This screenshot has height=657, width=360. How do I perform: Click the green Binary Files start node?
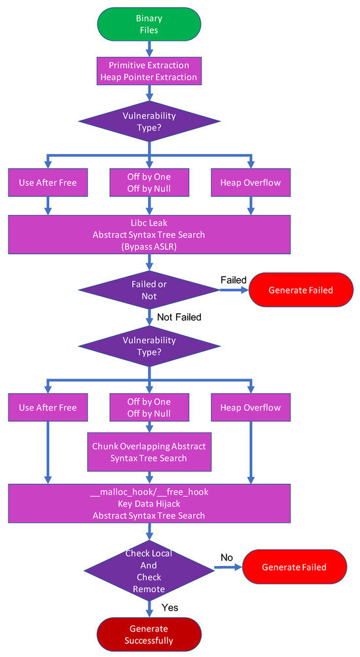(x=150, y=24)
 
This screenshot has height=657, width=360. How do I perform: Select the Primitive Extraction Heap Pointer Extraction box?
(x=150, y=71)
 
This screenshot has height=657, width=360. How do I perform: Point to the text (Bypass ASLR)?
(x=150, y=248)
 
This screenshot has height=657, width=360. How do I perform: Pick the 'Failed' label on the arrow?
(x=233, y=280)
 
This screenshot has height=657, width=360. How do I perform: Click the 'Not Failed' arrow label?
(x=179, y=317)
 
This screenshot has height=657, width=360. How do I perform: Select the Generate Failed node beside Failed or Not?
(x=301, y=290)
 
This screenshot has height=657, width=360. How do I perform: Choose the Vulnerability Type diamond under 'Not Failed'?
(x=150, y=347)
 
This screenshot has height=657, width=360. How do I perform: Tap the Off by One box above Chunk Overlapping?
(x=149, y=407)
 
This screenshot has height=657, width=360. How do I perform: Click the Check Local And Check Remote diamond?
(x=150, y=567)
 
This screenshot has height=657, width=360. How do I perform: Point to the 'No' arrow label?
(x=226, y=557)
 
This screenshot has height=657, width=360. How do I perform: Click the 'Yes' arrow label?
(x=170, y=607)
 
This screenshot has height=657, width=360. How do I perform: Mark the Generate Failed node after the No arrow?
(x=294, y=567)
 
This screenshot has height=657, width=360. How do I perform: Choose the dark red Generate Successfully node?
(x=150, y=634)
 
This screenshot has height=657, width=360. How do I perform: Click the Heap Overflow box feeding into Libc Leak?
(x=251, y=183)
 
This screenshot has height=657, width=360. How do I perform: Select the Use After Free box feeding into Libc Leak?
(x=48, y=183)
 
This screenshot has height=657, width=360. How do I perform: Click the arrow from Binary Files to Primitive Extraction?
(x=150, y=48)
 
